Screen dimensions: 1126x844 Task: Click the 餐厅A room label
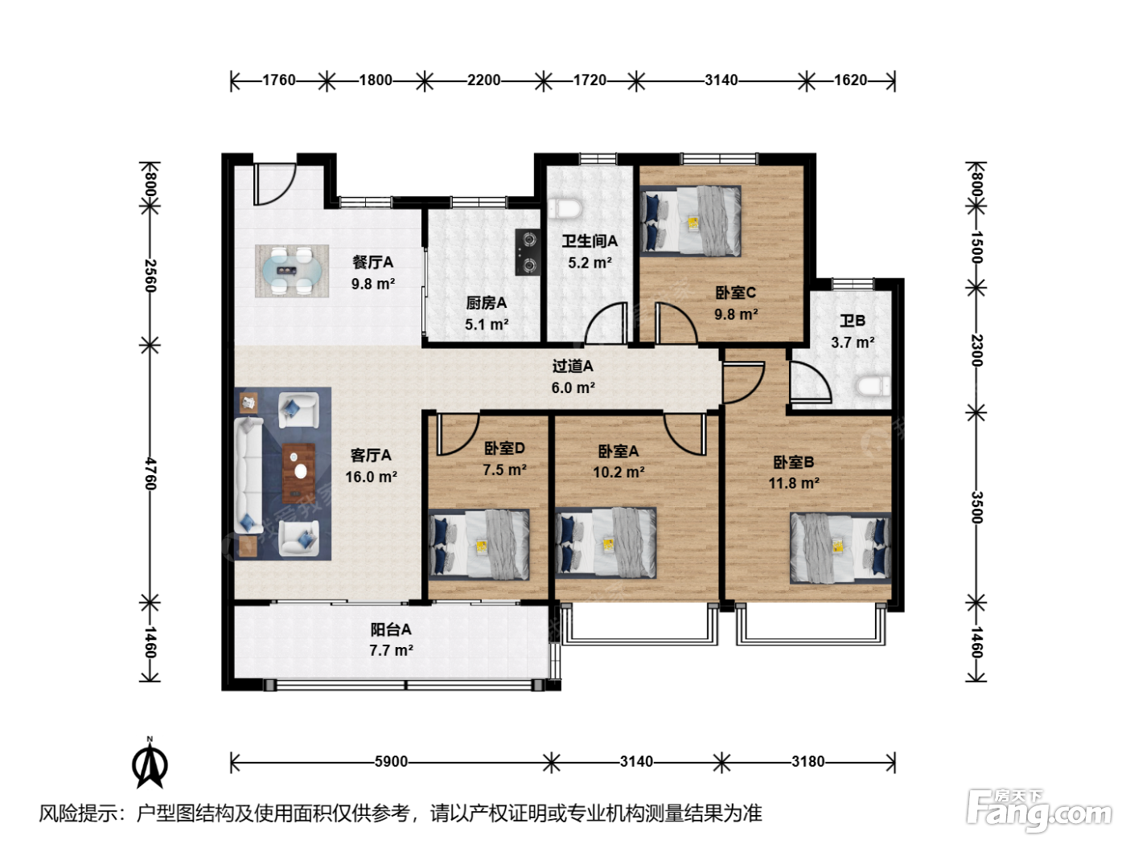tap(372, 262)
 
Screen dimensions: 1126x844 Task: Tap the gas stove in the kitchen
tap(528, 252)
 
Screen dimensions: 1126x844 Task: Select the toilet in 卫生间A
tap(565, 208)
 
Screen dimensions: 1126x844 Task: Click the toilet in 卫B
tap(873, 386)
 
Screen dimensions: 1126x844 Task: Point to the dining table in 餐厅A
tap(292, 271)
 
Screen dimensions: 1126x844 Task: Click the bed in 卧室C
tap(690, 220)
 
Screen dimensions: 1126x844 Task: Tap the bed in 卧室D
tap(479, 544)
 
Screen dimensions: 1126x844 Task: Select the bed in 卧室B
tap(840, 548)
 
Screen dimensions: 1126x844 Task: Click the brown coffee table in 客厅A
tap(298, 473)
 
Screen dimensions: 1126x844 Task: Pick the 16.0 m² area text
tap(371, 477)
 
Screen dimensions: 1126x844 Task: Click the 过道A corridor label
tap(573, 366)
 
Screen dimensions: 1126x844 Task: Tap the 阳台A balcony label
tap(391, 629)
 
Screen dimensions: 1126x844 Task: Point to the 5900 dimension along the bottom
tap(391, 762)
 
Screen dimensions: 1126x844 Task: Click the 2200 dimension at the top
tap(483, 80)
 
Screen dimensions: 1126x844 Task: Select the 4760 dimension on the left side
tap(150, 473)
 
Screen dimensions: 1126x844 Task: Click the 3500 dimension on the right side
tap(976, 507)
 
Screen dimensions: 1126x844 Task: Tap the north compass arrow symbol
tap(150, 763)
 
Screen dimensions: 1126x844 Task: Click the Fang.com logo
tap(1039, 809)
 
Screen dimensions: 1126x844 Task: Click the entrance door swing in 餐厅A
tap(276, 184)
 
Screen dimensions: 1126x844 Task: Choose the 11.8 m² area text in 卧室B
tap(794, 483)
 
